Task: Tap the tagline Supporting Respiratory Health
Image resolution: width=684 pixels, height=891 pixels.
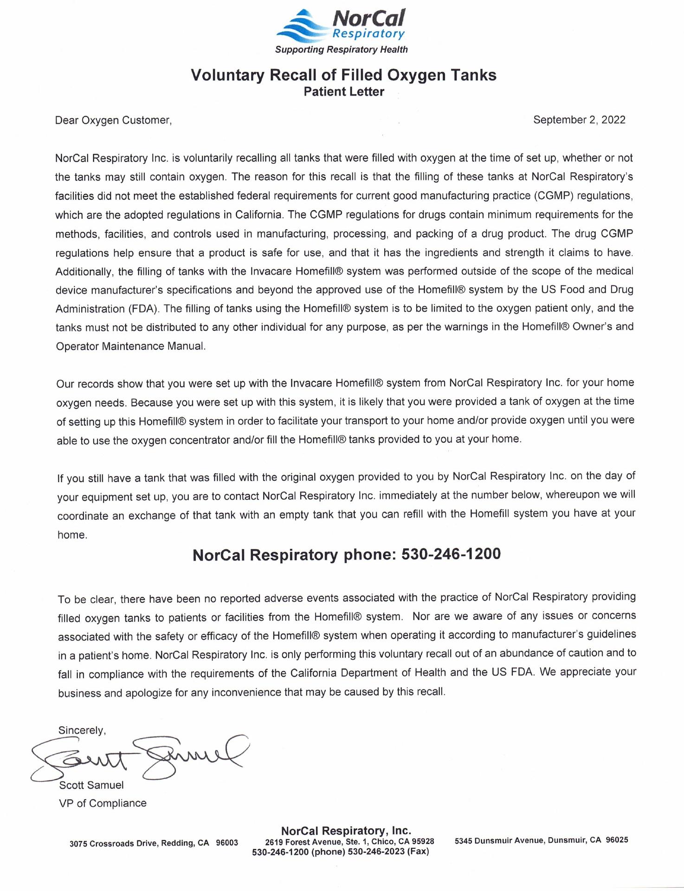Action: click(x=341, y=50)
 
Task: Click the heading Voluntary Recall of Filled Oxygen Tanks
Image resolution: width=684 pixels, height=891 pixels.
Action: click(x=343, y=75)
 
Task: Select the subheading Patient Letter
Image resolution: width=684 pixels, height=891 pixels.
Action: click(x=343, y=92)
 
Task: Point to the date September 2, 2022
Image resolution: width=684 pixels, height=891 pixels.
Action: click(x=579, y=120)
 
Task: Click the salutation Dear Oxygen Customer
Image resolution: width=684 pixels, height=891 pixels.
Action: click(x=113, y=121)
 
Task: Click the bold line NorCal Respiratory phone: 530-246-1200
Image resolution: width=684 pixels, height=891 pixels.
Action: click(x=346, y=555)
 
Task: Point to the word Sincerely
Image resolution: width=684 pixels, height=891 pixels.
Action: click(x=82, y=730)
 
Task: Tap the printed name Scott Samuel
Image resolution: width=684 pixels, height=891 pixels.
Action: click(x=91, y=785)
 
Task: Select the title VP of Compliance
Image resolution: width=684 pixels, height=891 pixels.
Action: click(x=103, y=803)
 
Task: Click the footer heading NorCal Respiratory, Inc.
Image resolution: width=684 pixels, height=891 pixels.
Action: click(x=346, y=830)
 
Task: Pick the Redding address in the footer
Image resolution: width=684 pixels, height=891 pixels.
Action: click(x=154, y=843)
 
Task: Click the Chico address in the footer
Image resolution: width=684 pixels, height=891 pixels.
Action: click(x=349, y=841)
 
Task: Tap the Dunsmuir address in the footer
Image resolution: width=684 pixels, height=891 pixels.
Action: click(x=541, y=840)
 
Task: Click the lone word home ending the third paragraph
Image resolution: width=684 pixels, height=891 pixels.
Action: click(x=72, y=535)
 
